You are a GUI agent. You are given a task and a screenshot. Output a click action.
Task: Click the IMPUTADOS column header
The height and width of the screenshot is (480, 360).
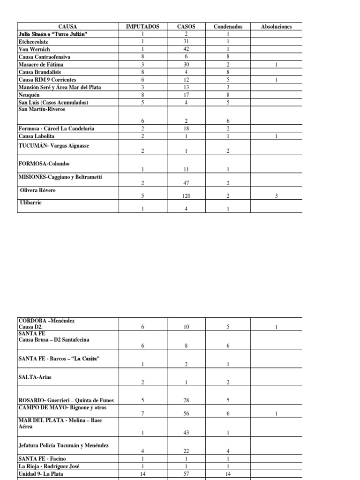point(143,27)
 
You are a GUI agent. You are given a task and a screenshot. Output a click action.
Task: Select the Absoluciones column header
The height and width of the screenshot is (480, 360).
point(276,27)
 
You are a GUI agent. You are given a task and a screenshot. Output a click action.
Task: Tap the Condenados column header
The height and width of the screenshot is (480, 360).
point(228,27)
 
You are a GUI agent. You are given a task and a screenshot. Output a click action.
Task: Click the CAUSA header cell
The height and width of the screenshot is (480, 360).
point(67,27)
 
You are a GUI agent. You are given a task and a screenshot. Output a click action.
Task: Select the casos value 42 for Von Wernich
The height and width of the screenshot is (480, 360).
point(186,49)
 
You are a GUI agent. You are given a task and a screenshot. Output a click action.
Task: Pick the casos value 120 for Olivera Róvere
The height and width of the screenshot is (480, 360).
point(186,196)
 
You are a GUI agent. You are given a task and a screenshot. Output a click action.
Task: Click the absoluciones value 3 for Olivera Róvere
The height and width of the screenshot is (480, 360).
point(277,196)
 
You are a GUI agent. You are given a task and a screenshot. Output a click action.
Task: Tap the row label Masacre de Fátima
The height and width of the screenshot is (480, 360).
point(41,64)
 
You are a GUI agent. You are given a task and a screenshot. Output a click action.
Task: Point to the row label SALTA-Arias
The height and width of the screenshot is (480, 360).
point(35,376)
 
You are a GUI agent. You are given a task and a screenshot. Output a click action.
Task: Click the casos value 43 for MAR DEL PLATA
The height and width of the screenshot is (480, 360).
point(186,432)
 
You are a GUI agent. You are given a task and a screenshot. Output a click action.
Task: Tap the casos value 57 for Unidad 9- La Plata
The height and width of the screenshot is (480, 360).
point(186,474)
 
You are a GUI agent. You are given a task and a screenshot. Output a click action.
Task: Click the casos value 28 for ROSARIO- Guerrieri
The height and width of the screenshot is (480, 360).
point(186,400)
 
